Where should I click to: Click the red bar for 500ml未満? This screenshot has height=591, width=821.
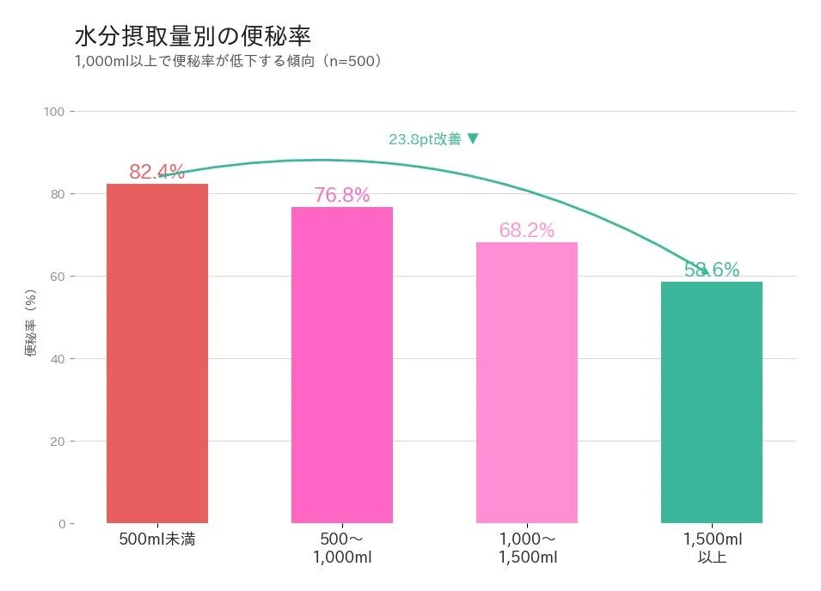pos(157,353)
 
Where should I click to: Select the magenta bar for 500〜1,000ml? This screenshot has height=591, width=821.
pos(342,365)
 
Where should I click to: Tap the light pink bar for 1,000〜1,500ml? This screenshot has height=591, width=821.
pos(527,382)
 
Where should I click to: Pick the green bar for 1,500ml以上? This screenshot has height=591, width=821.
pos(711,402)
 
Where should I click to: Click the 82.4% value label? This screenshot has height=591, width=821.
pos(157,172)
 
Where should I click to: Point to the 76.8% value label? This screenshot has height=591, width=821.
pos(341,195)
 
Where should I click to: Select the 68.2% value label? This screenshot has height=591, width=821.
pos(526,230)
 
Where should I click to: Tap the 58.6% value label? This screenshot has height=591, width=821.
pos(712,270)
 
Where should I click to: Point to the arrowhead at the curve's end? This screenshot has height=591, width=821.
pos(705,271)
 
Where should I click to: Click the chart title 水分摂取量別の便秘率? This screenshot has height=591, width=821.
pos(193,37)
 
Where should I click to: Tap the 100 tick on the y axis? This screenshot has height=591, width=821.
pos(55,112)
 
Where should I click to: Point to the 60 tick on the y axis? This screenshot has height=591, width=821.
pos(58,277)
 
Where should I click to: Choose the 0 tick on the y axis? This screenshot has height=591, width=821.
pos(61,524)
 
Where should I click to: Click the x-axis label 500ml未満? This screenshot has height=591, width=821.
pos(157,540)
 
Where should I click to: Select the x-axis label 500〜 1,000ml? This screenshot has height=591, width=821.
pos(342,548)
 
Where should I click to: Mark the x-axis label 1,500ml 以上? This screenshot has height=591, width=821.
pos(712,548)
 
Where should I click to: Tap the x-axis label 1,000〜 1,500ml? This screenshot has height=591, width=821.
pos(527,548)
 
